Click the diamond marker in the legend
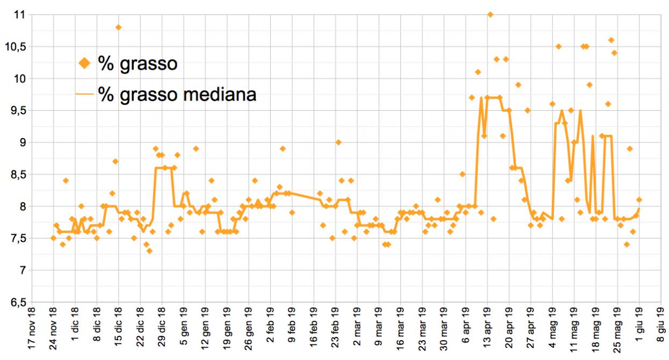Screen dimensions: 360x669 click(x=85, y=64)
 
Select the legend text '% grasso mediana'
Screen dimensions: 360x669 click(x=177, y=95)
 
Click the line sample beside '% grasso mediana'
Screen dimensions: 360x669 click(x=85, y=95)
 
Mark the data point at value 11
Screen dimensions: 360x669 click(x=490, y=15)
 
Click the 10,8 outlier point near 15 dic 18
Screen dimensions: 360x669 click(x=118, y=27)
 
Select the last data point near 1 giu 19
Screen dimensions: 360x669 click(x=639, y=200)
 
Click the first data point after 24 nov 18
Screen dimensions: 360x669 click(x=53, y=238)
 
